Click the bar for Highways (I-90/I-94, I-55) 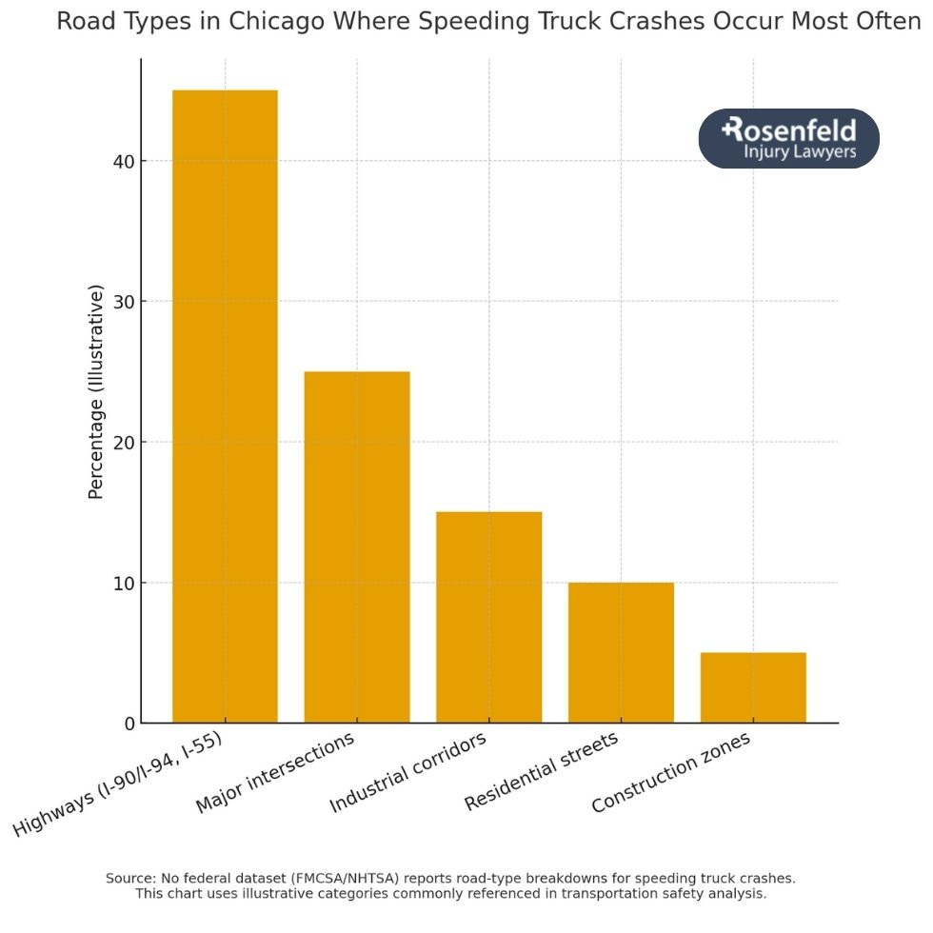pos(225,407)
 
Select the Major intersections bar pos(357,546)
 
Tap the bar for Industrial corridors pos(488,617)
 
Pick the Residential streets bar pos(621,652)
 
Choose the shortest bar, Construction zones pos(753,687)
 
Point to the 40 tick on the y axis pos(123,162)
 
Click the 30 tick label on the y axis pos(123,302)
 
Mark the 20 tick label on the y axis pos(123,443)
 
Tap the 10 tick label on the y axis pos(123,583)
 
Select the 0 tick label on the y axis pos(129,724)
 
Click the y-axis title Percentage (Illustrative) pos(95,391)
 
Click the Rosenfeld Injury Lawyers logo pos(788,139)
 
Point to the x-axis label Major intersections pos(275,773)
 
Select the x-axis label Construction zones pos(671,772)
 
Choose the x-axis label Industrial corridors pos(408,773)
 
